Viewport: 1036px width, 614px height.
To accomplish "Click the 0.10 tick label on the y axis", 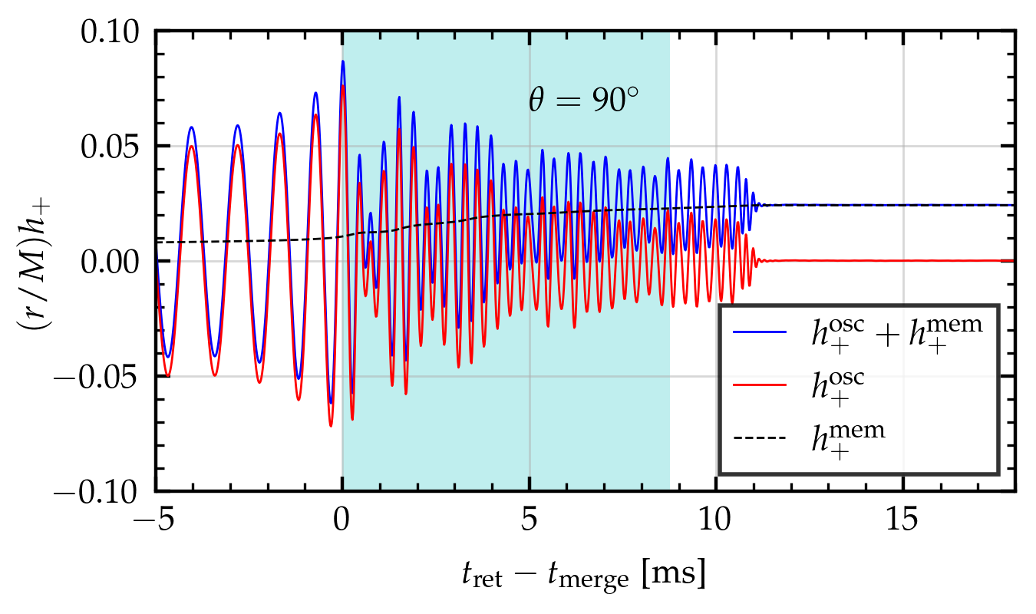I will click(x=114, y=33).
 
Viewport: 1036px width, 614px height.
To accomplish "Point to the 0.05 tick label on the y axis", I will click(x=114, y=147).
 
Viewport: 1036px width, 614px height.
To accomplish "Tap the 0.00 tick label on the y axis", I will click(x=114, y=262).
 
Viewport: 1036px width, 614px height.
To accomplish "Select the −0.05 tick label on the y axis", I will click(x=104, y=377).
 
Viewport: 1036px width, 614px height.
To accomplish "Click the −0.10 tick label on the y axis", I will click(x=104, y=491).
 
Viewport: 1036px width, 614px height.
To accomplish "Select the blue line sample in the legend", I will click(x=760, y=332).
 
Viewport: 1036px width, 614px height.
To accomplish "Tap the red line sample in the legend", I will click(x=760, y=385).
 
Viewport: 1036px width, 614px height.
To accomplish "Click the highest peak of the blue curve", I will click(x=343, y=61).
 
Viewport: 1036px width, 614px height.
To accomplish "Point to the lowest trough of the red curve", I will click(x=331, y=425).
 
